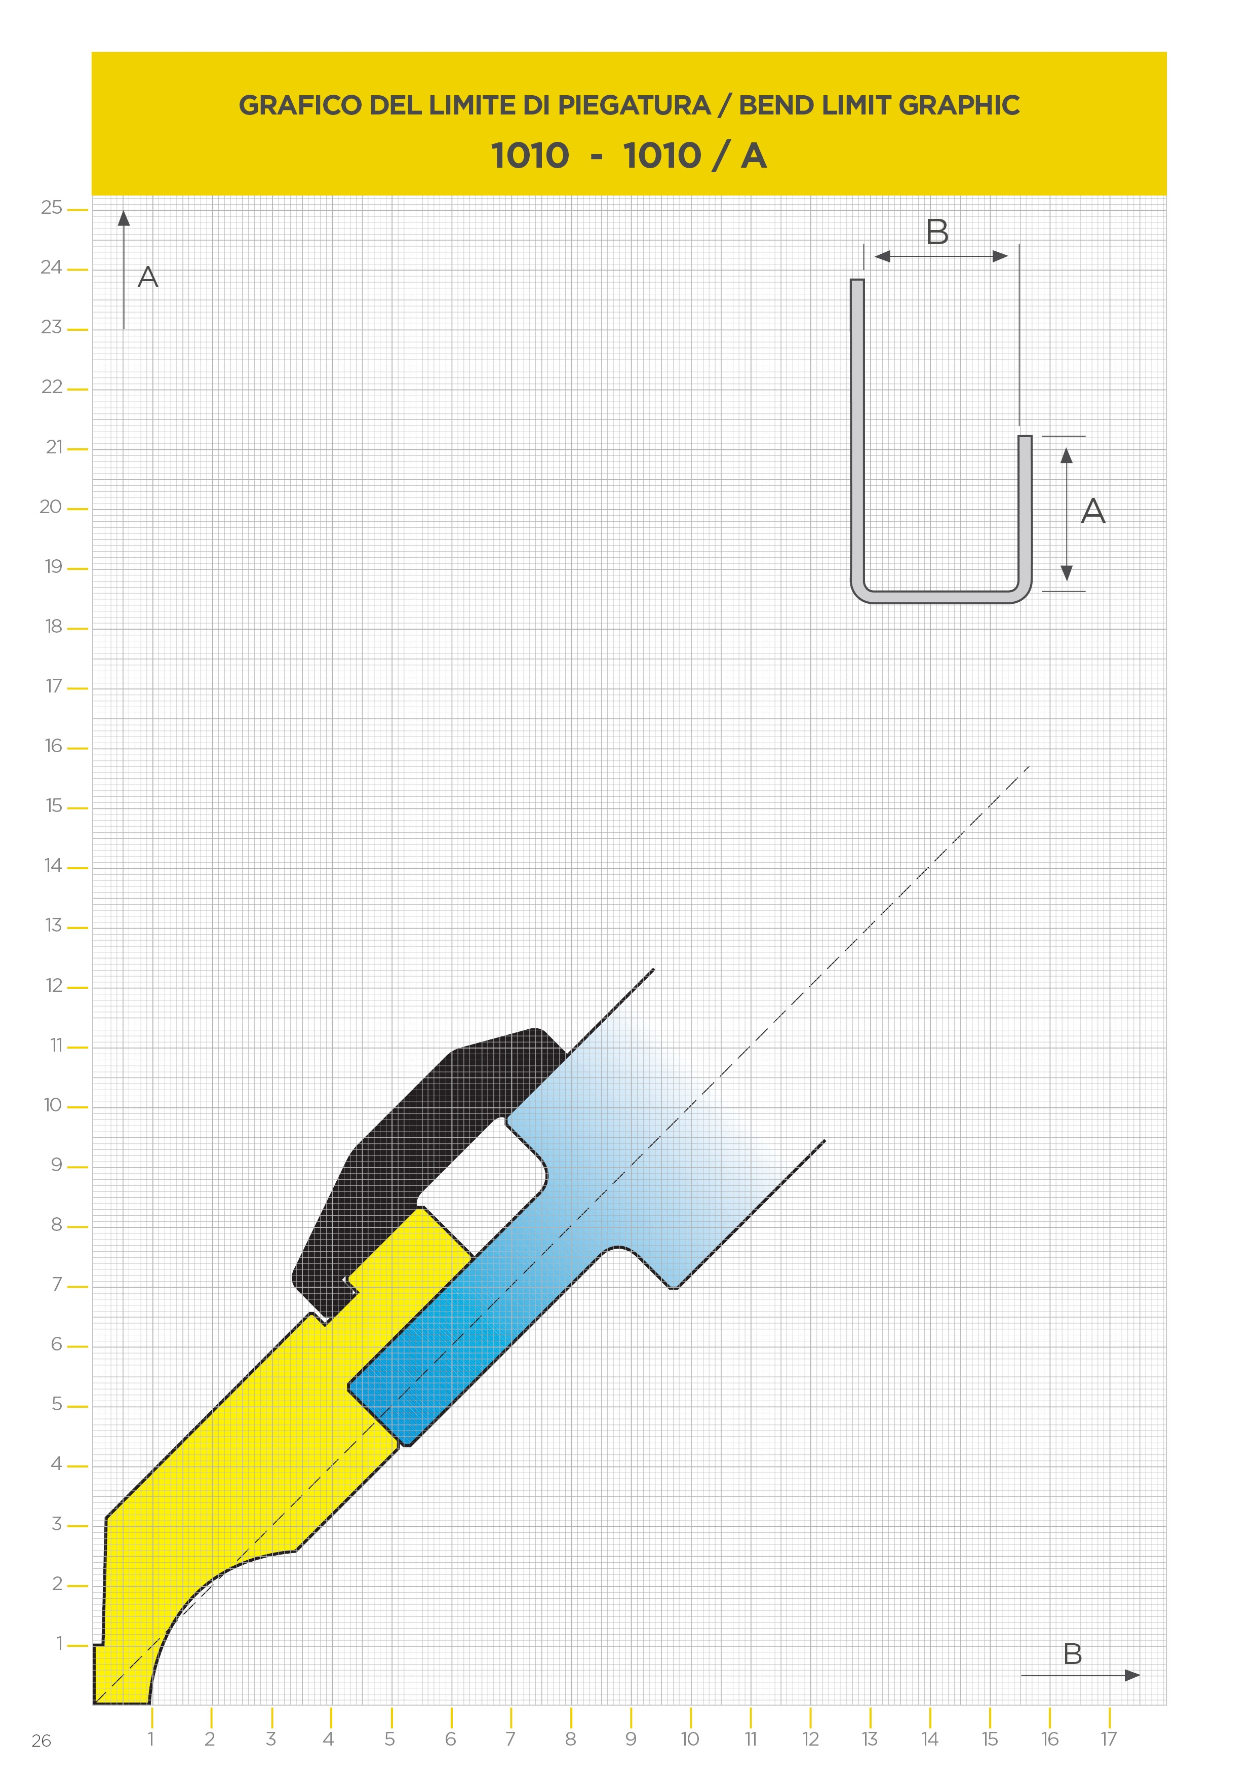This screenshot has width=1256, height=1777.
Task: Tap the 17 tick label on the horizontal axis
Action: click(x=1109, y=1739)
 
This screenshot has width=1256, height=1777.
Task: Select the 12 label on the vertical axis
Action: click(x=53, y=985)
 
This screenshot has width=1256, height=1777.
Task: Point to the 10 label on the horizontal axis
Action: click(x=689, y=1739)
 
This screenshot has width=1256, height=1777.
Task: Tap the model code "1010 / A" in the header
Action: click(x=695, y=156)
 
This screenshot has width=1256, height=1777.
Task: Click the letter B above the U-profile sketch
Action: click(x=937, y=231)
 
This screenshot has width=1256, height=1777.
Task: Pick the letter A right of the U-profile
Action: click(x=1093, y=511)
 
